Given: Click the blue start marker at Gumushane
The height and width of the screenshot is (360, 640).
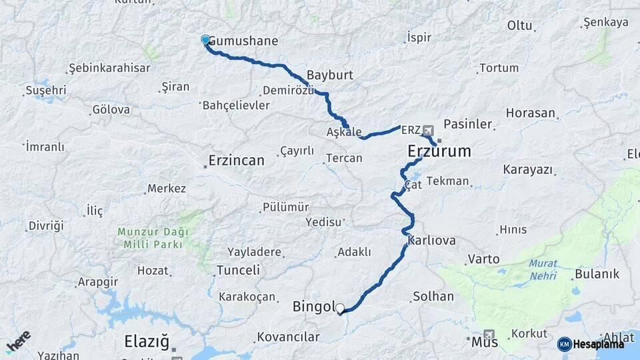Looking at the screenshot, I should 205,40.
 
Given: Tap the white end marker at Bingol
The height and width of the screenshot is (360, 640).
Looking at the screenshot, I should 340,309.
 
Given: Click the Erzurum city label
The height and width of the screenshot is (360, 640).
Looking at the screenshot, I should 439,151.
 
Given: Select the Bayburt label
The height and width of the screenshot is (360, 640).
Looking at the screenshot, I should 329,75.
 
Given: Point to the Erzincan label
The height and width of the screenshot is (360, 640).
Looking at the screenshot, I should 236,161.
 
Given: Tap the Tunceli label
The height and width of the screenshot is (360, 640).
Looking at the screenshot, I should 238,270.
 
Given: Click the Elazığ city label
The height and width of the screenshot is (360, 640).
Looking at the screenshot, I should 147,342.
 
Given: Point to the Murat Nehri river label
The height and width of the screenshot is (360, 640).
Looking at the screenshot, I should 543,268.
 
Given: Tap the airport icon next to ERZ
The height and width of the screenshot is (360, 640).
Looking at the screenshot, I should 427,131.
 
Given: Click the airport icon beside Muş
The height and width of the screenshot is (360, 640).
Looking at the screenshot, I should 490,335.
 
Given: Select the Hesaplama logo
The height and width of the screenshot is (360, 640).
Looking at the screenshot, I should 592,344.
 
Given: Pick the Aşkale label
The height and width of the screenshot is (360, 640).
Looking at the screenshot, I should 343,132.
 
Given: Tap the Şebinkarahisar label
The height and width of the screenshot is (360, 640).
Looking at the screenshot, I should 109,68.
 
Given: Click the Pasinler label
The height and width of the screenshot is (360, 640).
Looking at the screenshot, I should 467,124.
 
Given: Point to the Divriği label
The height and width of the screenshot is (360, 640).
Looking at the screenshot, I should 45,226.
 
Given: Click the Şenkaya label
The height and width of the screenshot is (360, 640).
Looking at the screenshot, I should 605,23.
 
